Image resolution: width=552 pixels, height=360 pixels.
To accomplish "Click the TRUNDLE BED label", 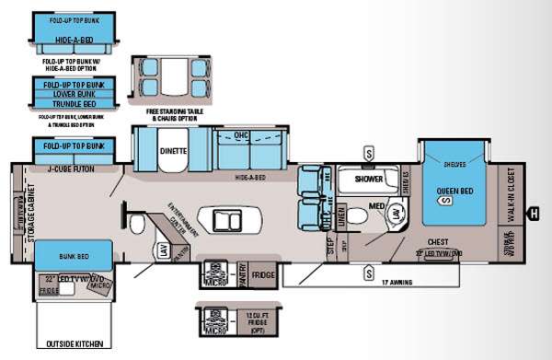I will (x=72, y=105).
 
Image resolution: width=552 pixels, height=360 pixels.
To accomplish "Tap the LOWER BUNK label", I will (x=72, y=93).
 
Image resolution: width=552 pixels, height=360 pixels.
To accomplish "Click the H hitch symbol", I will (x=535, y=215).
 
